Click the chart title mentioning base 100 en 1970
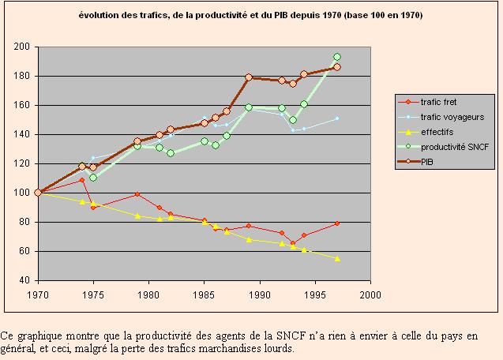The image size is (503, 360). pos(251,16)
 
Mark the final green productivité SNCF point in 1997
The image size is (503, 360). pos(337,57)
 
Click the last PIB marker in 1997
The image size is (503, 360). pos(337,67)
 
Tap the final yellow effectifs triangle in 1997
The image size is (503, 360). pos(337,258)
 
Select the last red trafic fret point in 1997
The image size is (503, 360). pos(337,223)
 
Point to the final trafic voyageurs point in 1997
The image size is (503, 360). pos(337,118)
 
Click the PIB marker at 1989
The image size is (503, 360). pos(249,77)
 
